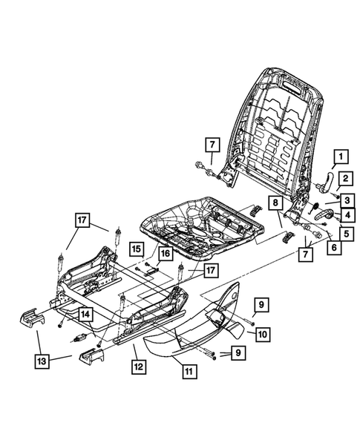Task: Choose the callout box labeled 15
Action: [x=136, y=248]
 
